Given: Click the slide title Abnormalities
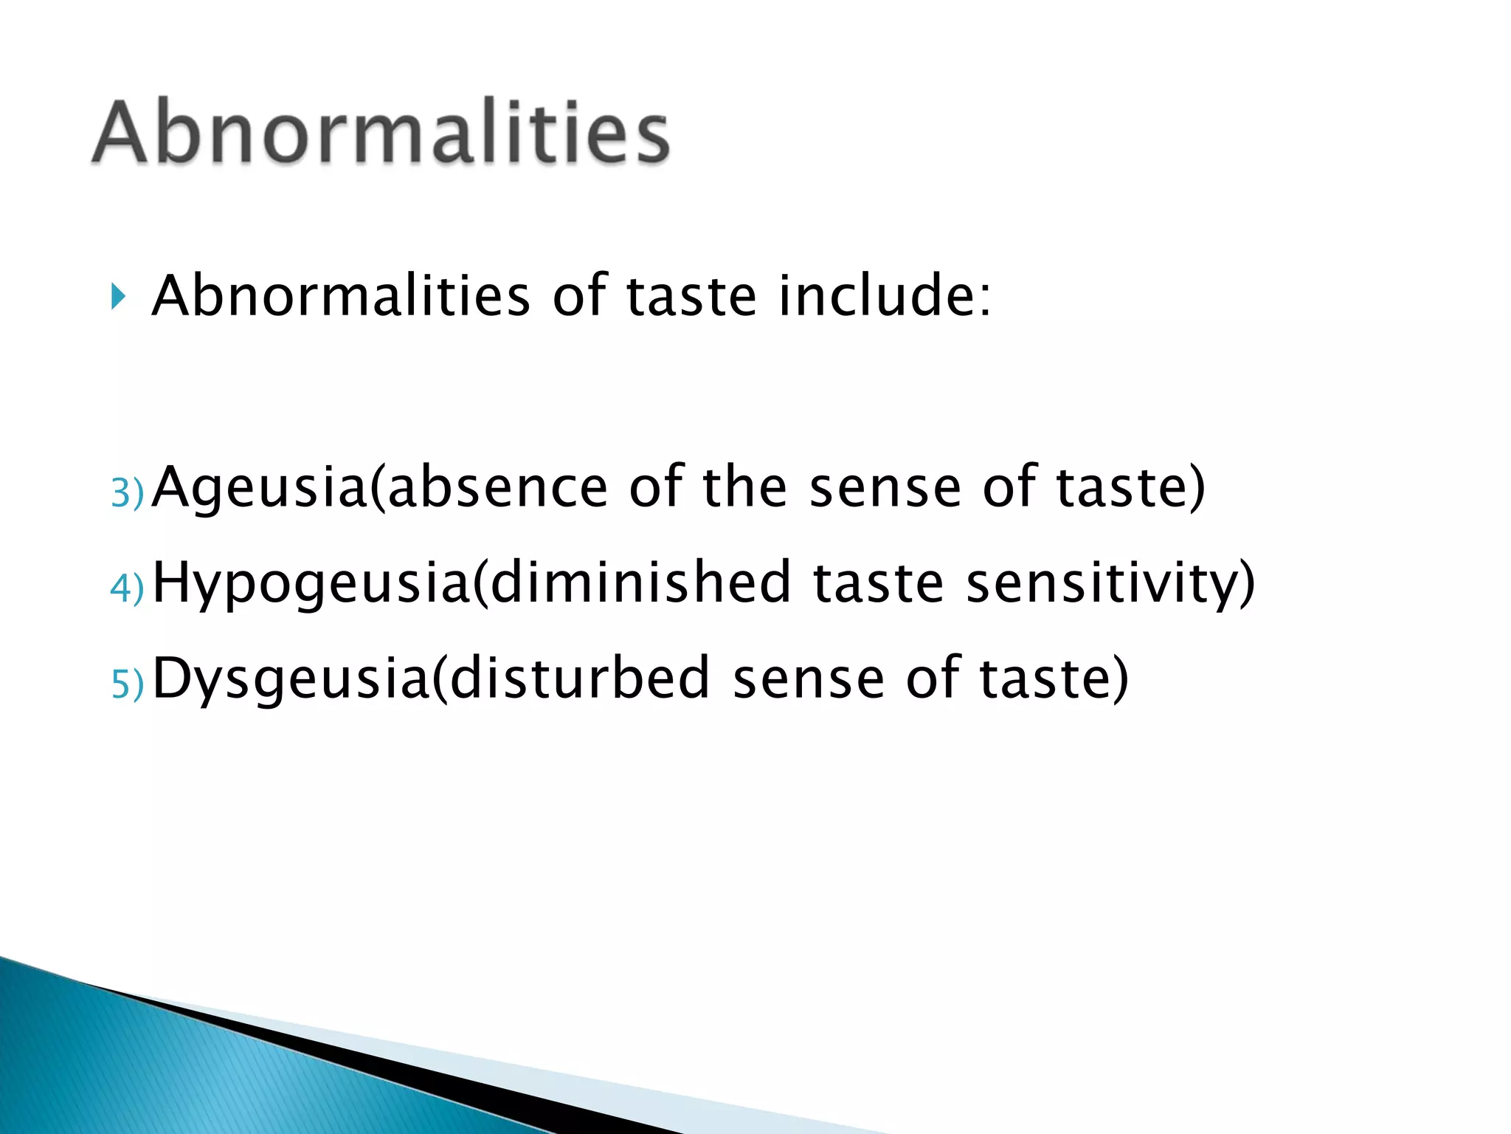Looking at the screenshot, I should coord(381,133).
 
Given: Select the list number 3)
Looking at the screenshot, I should coord(127,492).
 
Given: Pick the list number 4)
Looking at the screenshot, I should coord(127,588).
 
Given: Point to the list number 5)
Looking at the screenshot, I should coord(127,684).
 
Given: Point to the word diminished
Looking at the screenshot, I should coord(640,583).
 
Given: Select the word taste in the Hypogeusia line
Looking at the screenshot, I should coord(878,583).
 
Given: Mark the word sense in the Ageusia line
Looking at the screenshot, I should coord(885,489).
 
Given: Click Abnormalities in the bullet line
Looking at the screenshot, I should coord(340,295).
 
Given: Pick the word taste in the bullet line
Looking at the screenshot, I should coord(691,297).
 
